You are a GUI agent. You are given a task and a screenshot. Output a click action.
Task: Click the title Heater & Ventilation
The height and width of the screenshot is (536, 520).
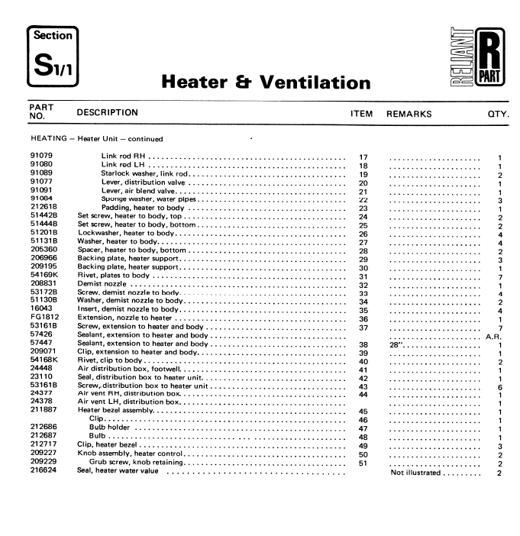pos(266,81)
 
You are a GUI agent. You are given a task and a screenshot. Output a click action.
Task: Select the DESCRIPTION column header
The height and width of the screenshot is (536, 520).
pos(108,113)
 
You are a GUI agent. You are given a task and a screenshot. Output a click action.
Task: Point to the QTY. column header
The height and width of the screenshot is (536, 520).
pos(498,114)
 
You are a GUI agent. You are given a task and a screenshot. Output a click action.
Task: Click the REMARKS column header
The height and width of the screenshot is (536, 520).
pos(409,114)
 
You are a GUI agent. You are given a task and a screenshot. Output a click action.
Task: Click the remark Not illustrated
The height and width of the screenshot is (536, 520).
pos(415,473)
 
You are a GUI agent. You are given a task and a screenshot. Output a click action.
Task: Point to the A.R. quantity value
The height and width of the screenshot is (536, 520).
pos(493,336)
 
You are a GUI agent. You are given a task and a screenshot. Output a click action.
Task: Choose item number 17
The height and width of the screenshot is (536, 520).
pos(363,157)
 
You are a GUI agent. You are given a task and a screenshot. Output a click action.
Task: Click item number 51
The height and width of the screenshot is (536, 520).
pos(363,463)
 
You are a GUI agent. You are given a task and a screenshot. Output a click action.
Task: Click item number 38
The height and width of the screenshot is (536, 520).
pos(363,345)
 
